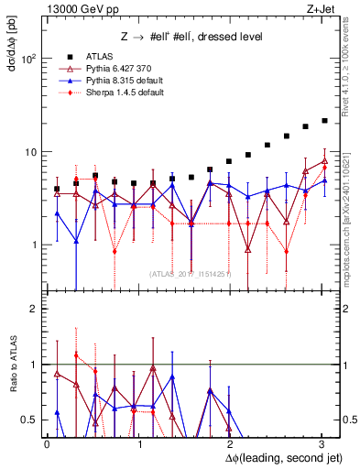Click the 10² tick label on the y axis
pos(27,59)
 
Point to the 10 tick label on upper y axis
pos(30,152)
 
